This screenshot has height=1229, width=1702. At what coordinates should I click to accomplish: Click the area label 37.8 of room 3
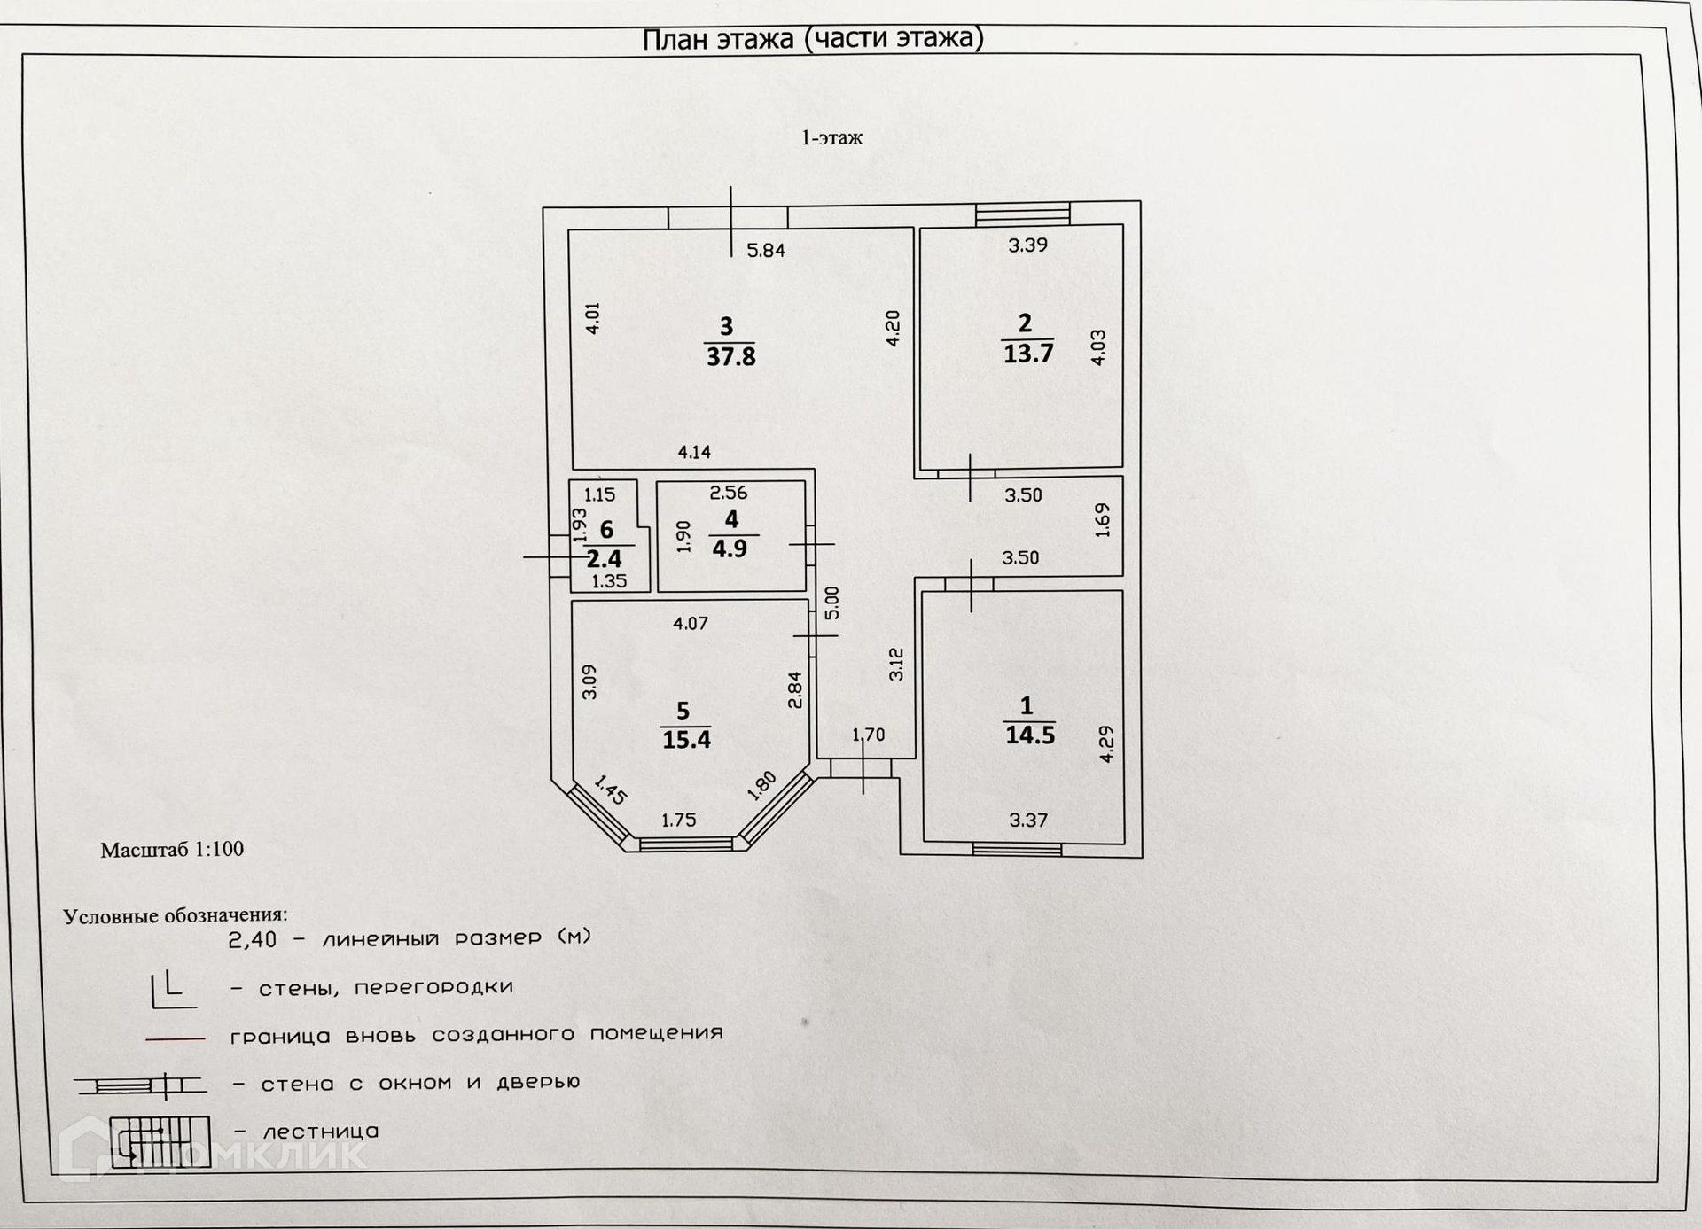click(730, 357)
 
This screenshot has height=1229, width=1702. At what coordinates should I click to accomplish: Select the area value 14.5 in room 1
click(1029, 735)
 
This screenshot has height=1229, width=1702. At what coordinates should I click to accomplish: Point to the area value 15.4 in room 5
click(686, 739)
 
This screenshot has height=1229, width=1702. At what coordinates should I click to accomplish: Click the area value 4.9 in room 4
click(730, 548)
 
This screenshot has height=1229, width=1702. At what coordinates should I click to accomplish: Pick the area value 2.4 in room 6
click(604, 559)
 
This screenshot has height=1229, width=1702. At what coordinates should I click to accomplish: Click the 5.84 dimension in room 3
click(766, 251)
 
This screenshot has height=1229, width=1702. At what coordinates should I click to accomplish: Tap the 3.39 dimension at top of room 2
click(1027, 245)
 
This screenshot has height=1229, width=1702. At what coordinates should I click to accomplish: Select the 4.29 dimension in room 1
click(1106, 744)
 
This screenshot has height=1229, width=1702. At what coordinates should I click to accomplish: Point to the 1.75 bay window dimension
click(678, 821)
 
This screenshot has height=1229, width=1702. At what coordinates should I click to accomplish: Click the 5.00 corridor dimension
click(831, 603)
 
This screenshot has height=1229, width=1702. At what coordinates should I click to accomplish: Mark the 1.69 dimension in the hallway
click(1102, 520)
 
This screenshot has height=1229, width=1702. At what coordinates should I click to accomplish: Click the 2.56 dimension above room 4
click(729, 493)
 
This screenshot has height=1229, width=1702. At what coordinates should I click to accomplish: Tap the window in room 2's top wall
click(1022, 214)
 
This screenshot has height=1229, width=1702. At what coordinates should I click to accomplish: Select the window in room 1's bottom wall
click(1017, 850)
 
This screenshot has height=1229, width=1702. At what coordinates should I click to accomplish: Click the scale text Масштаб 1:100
click(172, 849)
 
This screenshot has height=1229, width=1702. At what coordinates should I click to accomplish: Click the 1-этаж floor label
click(831, 138)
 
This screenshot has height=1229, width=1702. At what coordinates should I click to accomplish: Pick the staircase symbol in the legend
click(160, 1141)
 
